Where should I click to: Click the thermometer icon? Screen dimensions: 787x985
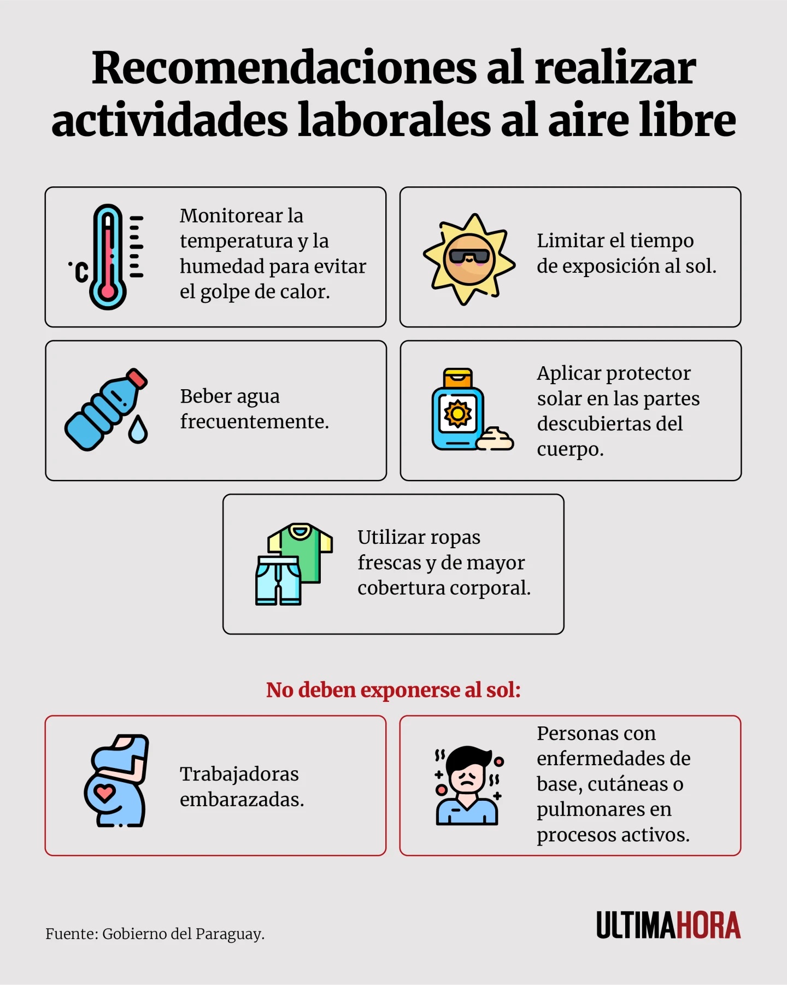pyautogui.click(x=108, y=257)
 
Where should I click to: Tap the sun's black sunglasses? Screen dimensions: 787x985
pyautogui.click(x=469, y=256)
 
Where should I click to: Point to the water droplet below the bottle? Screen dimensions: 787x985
pyautogui.click(x=138, y=430)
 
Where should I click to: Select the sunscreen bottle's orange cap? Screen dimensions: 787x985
pyautogui.click(x=457, y=378)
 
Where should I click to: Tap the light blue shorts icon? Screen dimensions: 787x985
pyautogui.click(x=278, y=581)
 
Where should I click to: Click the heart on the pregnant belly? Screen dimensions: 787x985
pyautogui.click(x=104, y=792)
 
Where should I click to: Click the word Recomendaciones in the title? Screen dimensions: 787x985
pyautogui.click(x=284, y=68)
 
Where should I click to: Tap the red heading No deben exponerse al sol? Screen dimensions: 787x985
pyautogui.click(x=393, y=690)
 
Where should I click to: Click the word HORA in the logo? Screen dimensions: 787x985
pyautogui.click(x=708, y=925)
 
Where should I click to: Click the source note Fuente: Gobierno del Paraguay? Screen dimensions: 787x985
pyautogui.click(x=155, y=934)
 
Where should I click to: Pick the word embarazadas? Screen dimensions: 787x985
pyautogui.click(x=242, y=800)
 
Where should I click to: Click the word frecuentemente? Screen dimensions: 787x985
pyautogui.click(x=254, y=421)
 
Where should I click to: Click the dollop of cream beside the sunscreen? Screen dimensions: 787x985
pyautogui.click(x=495, y=439)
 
